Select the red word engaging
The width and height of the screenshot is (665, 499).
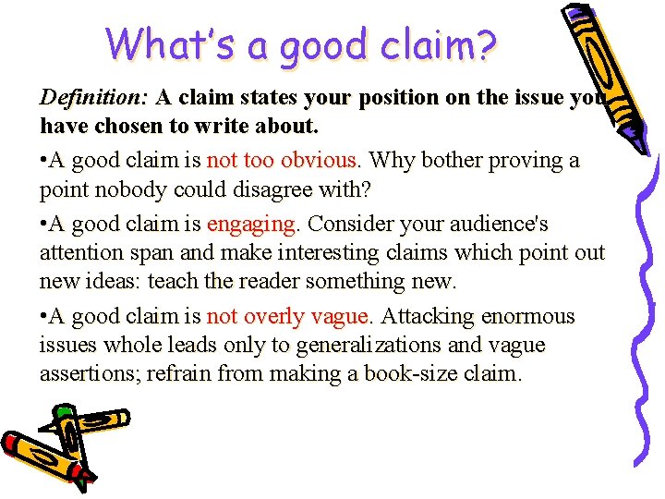click(x=252, y=225)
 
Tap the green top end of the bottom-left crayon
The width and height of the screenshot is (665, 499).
click(x=63, y=410)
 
